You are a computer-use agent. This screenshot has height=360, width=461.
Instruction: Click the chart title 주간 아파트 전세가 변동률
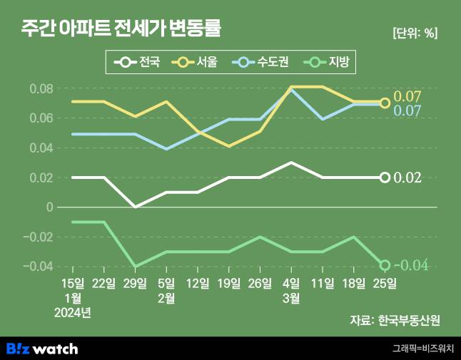click(x=121, y=29)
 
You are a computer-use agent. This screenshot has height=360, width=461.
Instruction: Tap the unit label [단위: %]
click(x=415, y=33)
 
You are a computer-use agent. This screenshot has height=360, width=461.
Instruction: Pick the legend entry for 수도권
click(x=261, y=63)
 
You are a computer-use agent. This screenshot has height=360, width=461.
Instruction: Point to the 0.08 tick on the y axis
click(x=41, y=89)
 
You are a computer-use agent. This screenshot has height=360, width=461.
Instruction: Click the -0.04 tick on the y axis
click(x=38, y=266)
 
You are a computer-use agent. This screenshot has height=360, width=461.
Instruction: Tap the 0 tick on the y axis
click(x=49, y=207)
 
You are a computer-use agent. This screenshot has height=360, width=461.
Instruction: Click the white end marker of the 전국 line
click(x=385, y=178)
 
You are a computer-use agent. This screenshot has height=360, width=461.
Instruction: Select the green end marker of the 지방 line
click(x=385, y=265)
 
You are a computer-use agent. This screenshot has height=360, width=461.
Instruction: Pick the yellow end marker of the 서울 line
click(x=385, y=103)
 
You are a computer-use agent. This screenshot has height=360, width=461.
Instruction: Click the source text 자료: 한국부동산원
click(x=395, y=320)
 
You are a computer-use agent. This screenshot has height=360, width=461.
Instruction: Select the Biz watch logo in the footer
click(x=42, y=349)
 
